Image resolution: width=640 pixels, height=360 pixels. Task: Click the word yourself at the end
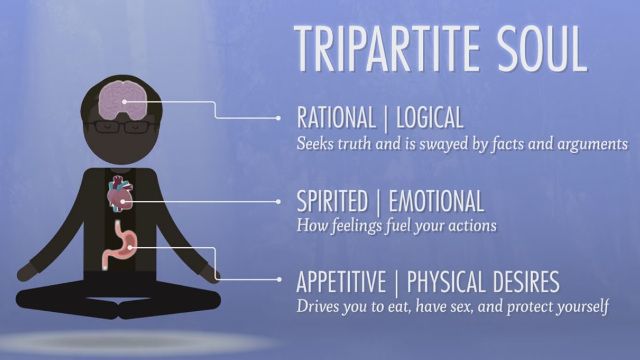[577, 305]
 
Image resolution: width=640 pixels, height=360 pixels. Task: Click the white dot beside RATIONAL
[279, 118]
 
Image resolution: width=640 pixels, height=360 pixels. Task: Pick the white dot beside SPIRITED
[279, 200]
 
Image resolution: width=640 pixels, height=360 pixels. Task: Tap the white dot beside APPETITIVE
[279, 280]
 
